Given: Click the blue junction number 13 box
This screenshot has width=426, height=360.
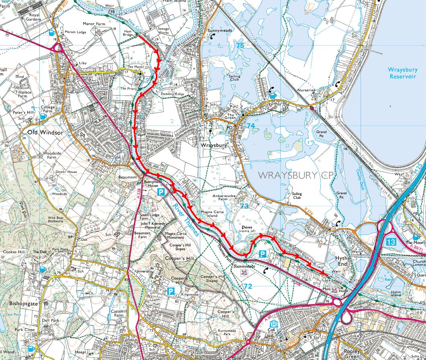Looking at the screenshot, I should (391, 242).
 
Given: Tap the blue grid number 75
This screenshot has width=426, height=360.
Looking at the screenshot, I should (240, 46).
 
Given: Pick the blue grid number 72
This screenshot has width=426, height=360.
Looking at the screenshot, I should (248, 286).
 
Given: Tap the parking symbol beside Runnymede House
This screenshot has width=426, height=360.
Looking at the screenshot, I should (161, 192).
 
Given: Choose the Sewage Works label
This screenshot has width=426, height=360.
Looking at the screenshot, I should (163, 32).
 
